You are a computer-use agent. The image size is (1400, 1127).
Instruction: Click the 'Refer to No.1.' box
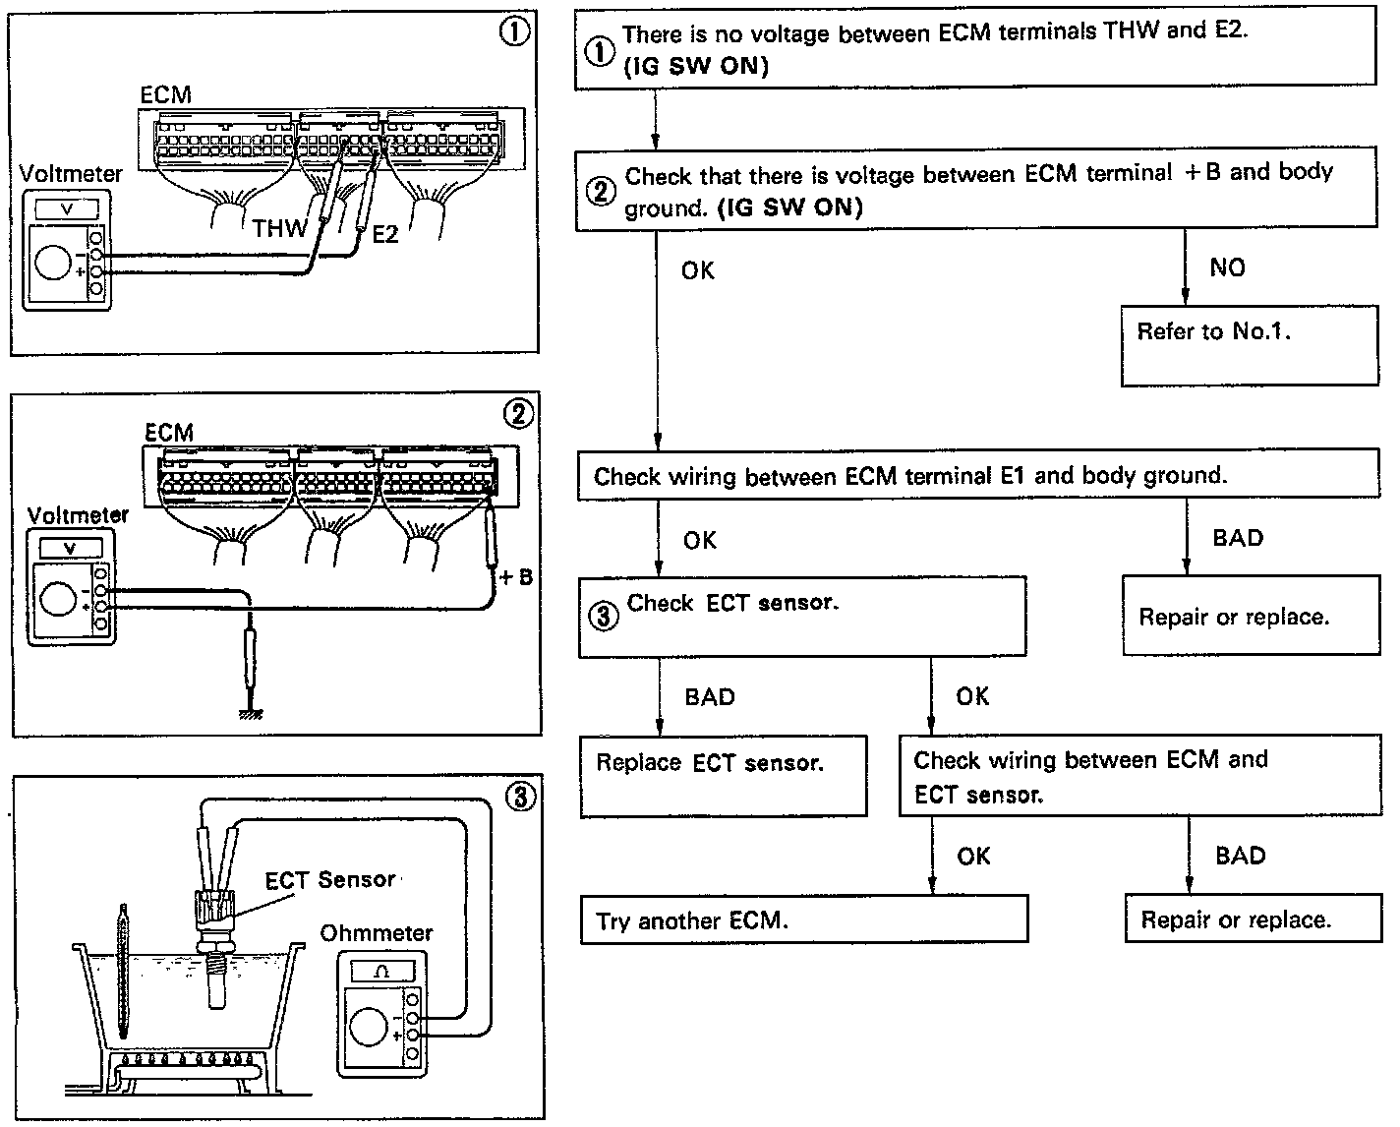pyautogui.click(x=1249, y=344)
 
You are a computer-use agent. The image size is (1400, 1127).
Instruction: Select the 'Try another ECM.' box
pyautogui.click(x=803, y=920)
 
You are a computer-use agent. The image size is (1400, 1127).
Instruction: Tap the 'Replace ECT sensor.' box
pyautogui.click(x=723, y=775)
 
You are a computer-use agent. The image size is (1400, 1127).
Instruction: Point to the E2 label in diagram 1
pyautogui.click(x=384, y=235)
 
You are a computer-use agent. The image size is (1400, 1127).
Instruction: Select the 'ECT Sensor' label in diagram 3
pyautogui.click(x=330, y=880)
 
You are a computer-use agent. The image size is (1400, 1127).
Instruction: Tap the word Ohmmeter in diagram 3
pyautogui.click(x=376, y=932)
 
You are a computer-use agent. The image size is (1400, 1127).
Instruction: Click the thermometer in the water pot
pyautogui.click(x=122, y=969)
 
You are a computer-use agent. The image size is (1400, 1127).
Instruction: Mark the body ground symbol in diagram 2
pyautogui.click(x=252, y=713)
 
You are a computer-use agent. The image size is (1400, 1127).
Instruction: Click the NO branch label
pyautogui.click(x=1227, y=267)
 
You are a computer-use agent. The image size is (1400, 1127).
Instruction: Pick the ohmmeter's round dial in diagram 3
pyautogui.click(x=368, y=1029)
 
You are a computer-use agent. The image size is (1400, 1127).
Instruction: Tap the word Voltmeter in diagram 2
pyautogui.click(x=78, y=515)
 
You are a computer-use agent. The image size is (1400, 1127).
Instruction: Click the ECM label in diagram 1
pyautogui.click(x=165, y=95)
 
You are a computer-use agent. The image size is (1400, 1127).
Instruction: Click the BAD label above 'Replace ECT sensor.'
pyautogui.click(x=709, y=697)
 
